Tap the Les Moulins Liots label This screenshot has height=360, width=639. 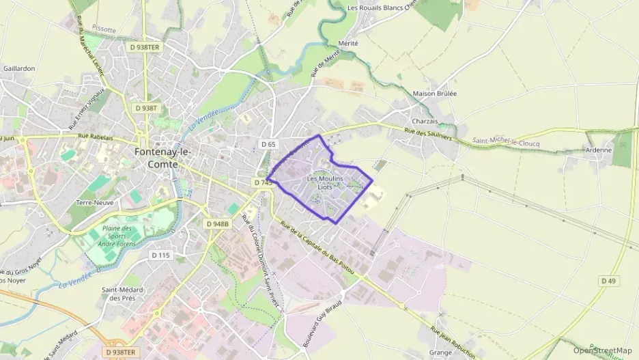(325, 183)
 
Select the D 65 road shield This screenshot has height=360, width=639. (268, 144)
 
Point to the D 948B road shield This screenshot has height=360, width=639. (218, 223)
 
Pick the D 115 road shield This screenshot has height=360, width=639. (160, 255)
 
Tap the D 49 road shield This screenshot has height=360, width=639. (608, 281)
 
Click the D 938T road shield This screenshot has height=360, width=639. (146, 108)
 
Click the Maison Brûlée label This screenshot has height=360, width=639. (435, 94)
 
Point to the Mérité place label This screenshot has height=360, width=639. (347, 42)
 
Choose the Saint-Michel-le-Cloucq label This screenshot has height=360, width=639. (505, 143)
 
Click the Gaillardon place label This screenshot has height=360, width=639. (19, 69)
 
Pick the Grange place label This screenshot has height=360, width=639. (441, 353)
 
